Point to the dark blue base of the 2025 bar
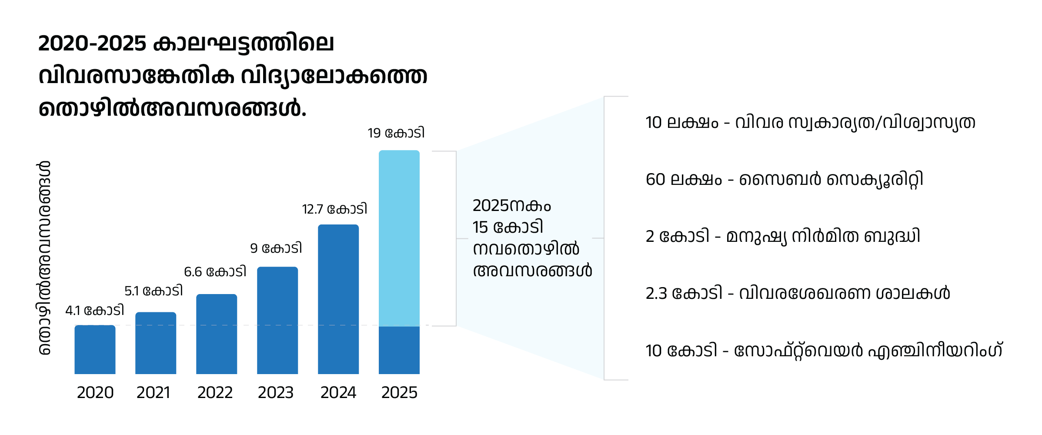[x=399, y=350]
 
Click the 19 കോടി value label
[x=396, y=133]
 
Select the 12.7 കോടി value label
[x=334, y=209]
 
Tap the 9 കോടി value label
[x=276, y=248]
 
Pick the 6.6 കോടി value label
[x=215, y=272]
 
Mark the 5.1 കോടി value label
[x=154, y=291]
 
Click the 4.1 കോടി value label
[x=94, y=311]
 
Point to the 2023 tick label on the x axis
[x=276, y=393]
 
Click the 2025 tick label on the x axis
[x=399, y=393]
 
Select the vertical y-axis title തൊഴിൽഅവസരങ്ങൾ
[x=44, y=258]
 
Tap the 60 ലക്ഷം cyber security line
[x=784, y=179]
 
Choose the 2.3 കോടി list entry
[x=798, y=293]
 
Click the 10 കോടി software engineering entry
[x=824, y=350]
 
